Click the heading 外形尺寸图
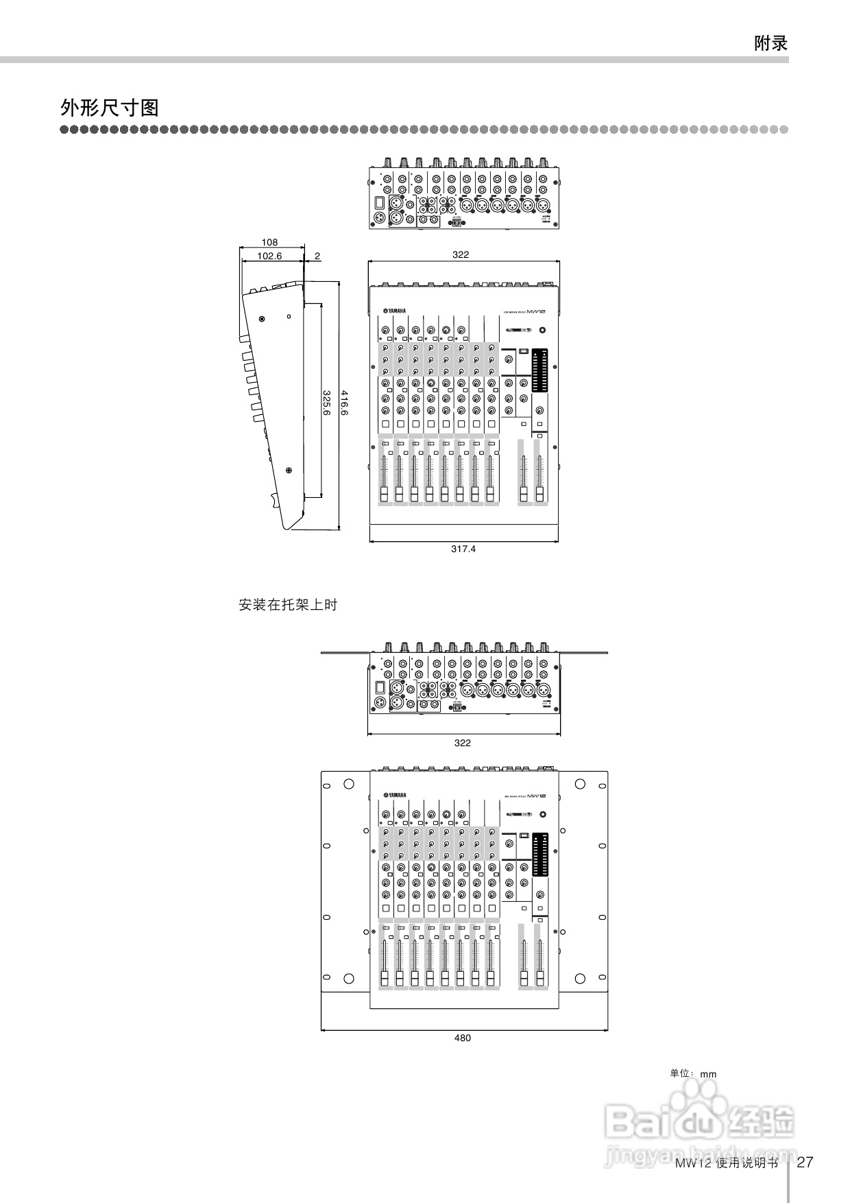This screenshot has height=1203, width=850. (110, 108)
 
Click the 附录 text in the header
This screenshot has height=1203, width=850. (770, 44)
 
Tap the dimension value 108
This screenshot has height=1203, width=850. (270, 242)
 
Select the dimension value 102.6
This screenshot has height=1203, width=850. (269, 256)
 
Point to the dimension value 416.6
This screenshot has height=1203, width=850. (345, 403)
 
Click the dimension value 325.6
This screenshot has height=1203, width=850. (327, 403)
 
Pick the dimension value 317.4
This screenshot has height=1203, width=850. (463, 549)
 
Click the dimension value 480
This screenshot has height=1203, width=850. (463, 1038)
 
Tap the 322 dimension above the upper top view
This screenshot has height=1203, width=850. (461, 254)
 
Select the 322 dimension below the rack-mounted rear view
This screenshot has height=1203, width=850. (463, 743)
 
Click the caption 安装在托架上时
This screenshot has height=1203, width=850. (288, 605)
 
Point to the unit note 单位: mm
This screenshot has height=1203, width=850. (692, 1073)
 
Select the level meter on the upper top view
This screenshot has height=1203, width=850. (539, 370)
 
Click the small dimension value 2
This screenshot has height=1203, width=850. (317, 256)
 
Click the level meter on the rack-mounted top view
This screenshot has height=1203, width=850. (539, 854)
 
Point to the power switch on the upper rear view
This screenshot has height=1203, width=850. (379, 203)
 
